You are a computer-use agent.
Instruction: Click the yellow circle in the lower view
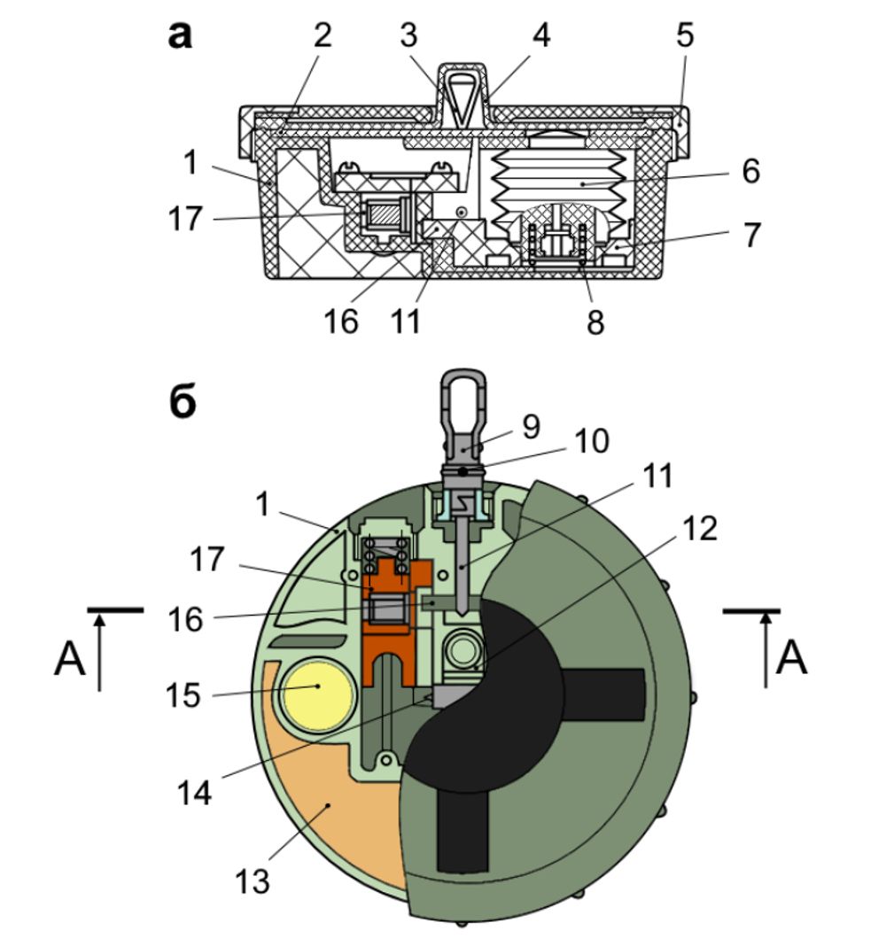tap(317, 694)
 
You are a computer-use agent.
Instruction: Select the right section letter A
tap(790, 659)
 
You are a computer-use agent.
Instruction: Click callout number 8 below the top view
tap(595, 322)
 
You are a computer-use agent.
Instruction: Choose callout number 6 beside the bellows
tap(750, 170)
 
